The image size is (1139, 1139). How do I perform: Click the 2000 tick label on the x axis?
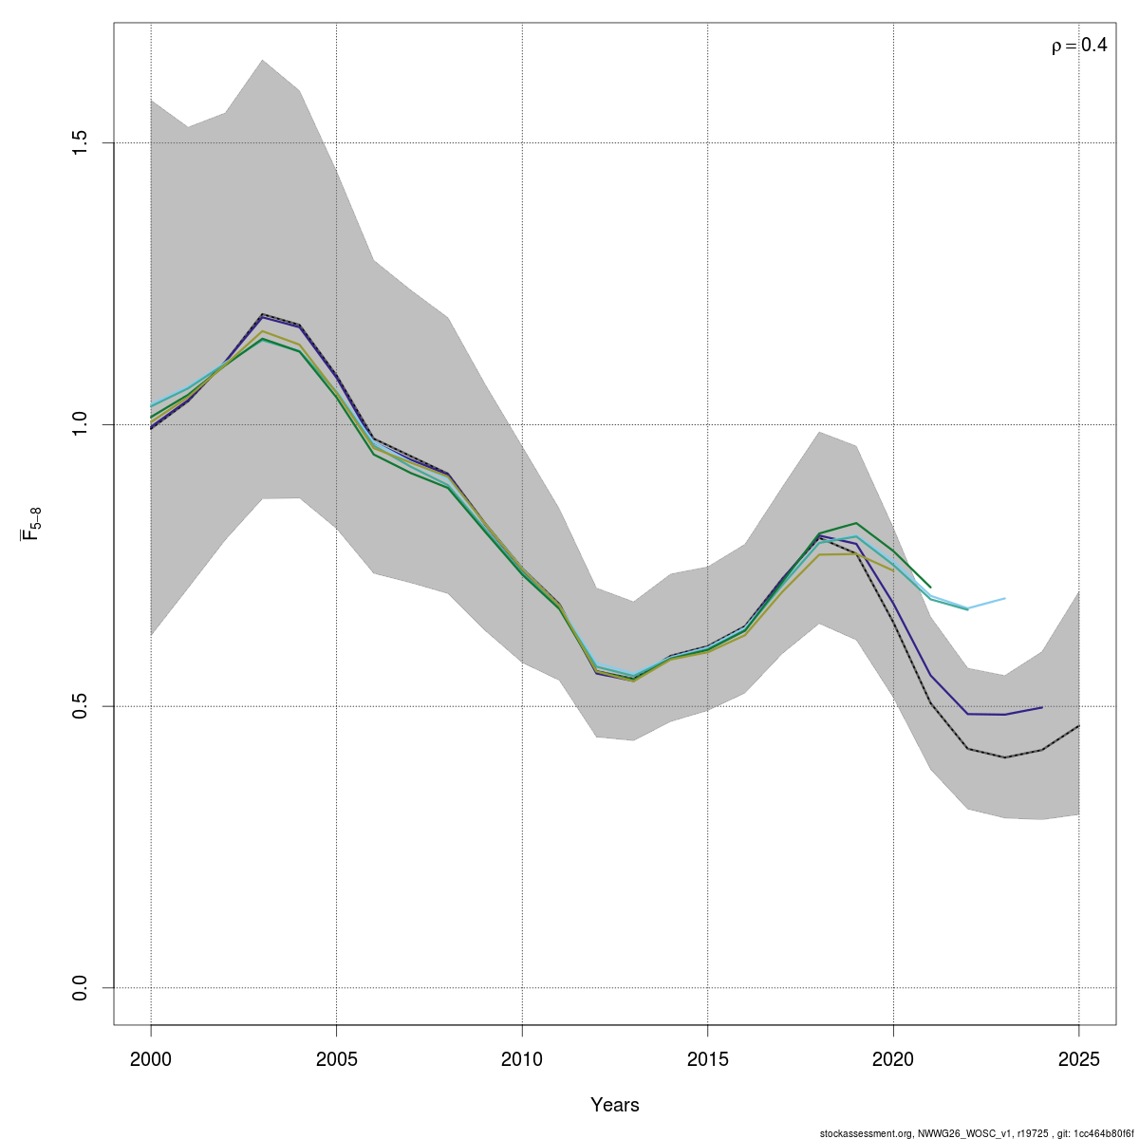click(151, 1059)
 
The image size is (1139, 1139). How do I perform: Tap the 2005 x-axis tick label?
click(336, 1059)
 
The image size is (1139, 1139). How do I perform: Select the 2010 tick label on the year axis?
click(522, 1059)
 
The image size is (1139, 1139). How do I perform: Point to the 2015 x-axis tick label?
click(707, 1059)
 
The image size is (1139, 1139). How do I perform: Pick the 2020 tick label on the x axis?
click(893, 1059)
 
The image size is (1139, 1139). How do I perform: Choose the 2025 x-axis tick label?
click(1078, 1059)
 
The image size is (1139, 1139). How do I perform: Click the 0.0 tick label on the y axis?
click(81, 988)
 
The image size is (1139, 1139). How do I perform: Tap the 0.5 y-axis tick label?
click(81, 706)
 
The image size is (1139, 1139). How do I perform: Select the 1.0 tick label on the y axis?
click(81, 424)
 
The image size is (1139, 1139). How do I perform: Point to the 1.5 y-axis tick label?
click(81, 142)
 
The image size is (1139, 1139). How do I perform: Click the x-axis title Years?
click(615, 1105)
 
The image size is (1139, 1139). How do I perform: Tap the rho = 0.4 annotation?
click(1078, 46)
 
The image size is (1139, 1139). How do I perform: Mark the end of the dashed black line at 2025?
click(1078, 726)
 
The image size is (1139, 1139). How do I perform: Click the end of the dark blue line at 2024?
click(1041, 707)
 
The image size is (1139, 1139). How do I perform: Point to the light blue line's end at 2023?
click(1004, 599)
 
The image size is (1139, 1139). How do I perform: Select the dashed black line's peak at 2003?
click(262, 314)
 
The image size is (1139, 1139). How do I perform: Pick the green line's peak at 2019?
click(856, 523)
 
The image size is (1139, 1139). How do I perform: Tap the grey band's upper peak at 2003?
click(262, 60)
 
